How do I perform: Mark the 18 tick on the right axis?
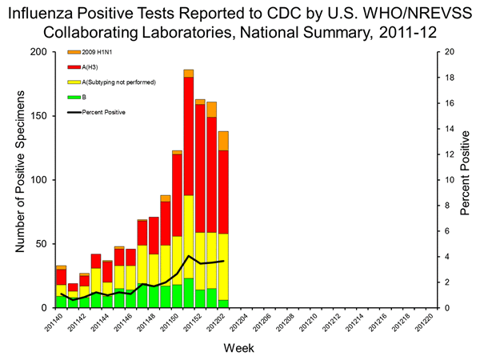click(x=450, y=78)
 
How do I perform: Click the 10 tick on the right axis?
click(x=450, y=180)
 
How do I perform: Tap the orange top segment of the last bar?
click(x=223, y=141)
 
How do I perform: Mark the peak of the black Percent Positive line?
click(x=188, y=256)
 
